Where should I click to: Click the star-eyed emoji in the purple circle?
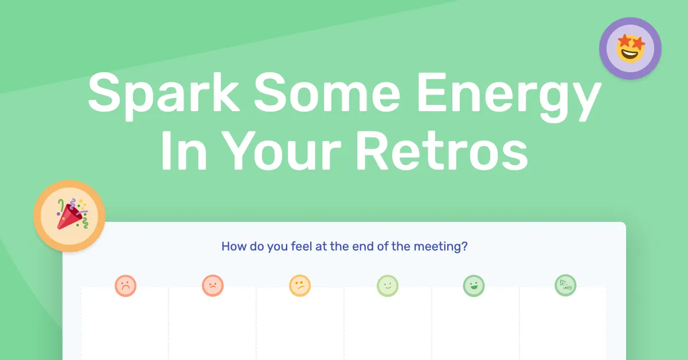[x=630, y=48]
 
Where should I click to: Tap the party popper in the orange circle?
[x=69, y=216]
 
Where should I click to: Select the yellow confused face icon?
[x=300, y=285]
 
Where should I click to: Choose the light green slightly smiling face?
[x=387, y=285]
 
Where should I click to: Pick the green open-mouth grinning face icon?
[x=474, y=285]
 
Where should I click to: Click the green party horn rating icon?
[x=565, y=285]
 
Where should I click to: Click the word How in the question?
[x=233, y=247]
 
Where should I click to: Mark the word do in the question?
[x=255, y=247]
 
